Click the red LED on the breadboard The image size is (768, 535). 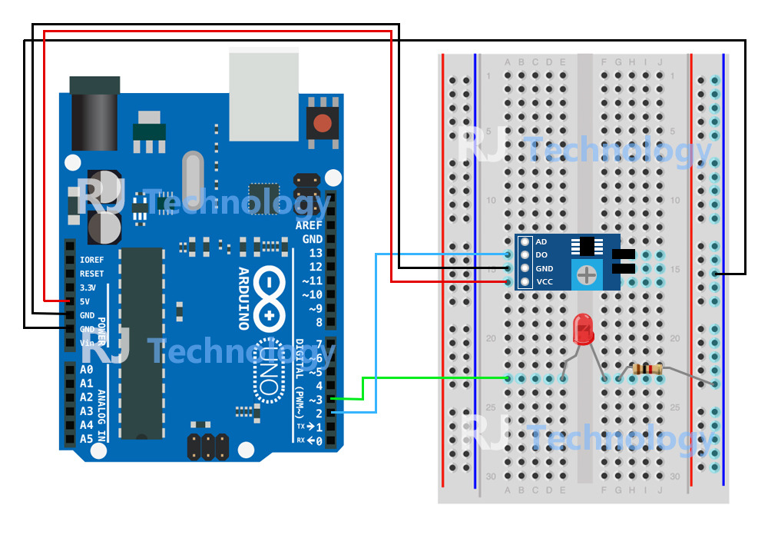(x=584, y=329)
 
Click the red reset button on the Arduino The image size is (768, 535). (x=323, y=122)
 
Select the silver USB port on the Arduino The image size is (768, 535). (x=263, y=94)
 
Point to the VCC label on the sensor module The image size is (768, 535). (x=545, y=282)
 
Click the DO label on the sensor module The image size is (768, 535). (x=541, y=254)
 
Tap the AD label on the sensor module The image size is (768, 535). (x=541, y=241)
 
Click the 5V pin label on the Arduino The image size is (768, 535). (x=86, y=301)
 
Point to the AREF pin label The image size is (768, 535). (x=309, y=226)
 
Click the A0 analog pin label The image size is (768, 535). (x=86, y=370)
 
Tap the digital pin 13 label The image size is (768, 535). (x=314, y=254)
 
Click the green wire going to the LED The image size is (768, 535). (x=430, y=377)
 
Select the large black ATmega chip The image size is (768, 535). (x=141, y=343)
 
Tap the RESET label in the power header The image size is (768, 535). (x=91, y=274)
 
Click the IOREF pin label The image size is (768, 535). (x=91, y=260)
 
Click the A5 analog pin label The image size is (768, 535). (x=86, y=439)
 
